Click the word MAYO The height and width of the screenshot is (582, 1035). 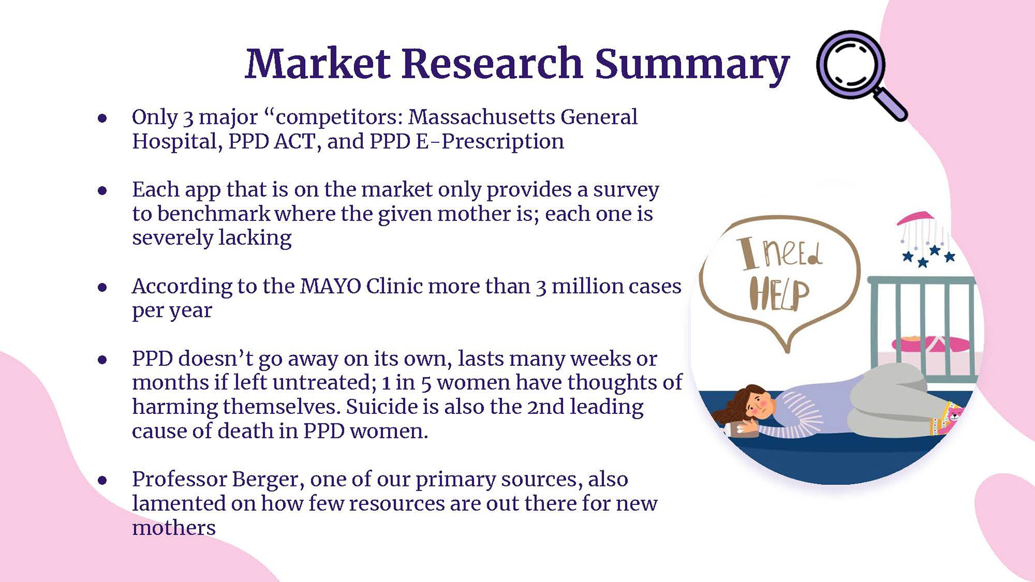330,286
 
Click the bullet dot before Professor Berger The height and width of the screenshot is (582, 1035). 102,480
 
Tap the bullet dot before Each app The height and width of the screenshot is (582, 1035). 102,190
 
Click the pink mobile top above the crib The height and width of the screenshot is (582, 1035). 915,218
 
